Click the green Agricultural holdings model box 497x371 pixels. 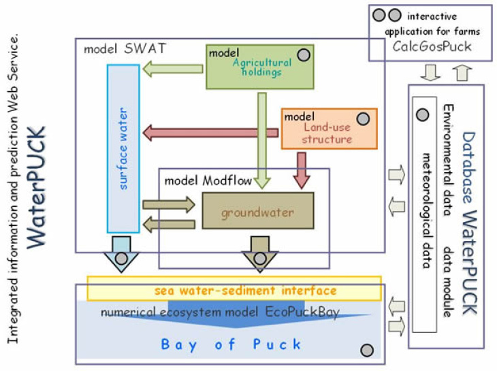[259, 67]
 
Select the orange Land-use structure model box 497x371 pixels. [329, 129]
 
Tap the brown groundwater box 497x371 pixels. [257, 211]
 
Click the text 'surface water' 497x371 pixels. [123, 148]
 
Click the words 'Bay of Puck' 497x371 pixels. [231, 344]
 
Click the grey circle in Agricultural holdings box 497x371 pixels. [304, 55]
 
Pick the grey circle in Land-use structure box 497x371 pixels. [364, 118]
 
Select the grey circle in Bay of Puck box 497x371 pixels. [367, 350]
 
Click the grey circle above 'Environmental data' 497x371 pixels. [422, 114]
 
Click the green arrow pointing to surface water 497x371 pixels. [176, 69]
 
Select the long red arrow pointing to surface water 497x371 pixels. [211, 131]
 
